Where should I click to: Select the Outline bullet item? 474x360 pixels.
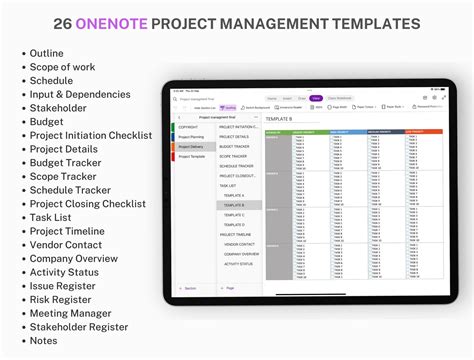pos(48,54)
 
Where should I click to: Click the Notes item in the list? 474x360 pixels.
pos(45,340)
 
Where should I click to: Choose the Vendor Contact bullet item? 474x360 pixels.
pos(67,244)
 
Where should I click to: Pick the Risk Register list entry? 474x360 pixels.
pos(63,298)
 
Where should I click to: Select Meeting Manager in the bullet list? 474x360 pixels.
pos(71,312)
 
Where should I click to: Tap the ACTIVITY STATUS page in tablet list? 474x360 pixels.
pos(238,264)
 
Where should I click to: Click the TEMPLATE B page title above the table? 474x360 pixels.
pos(279,119)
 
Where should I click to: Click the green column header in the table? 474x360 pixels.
pos(278,131)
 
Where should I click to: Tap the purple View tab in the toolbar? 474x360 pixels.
pos(315,98)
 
